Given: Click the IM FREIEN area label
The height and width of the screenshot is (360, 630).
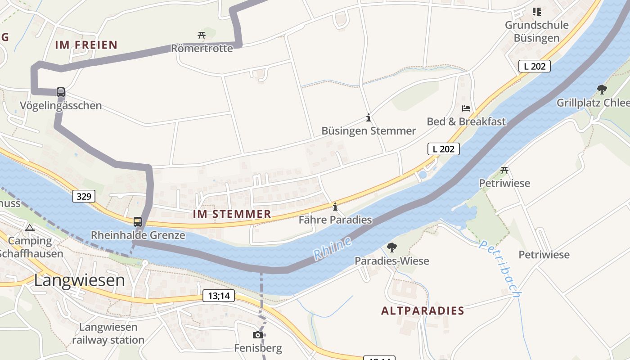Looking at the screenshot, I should click(86, 45).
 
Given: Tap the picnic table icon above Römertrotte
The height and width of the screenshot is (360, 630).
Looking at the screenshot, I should click(201, 35).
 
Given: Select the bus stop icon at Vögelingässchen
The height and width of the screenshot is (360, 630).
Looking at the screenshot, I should click(61, 92).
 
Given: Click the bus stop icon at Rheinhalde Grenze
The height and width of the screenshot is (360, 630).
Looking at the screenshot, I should click(138, 222).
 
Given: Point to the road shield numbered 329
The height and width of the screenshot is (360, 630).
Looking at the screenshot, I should click(84, 196).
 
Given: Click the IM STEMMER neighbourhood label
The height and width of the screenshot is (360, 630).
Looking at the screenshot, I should click(232, 214).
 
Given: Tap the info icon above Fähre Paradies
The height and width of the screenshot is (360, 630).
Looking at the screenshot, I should click(335, 207).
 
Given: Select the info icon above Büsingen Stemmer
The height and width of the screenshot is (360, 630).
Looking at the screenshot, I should click(369, 118).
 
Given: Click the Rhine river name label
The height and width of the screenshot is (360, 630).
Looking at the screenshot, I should click(332, 248).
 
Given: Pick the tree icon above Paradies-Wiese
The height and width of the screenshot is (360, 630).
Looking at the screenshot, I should click(391, 247).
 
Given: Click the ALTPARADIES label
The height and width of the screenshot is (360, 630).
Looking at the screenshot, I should click(423, 311).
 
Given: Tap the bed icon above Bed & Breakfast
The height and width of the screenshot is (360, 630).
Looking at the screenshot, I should click(466, 108).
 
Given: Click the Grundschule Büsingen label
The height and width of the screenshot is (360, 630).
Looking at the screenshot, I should click(536, 31).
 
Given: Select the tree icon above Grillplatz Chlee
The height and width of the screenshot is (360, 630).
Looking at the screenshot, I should click(602, 89).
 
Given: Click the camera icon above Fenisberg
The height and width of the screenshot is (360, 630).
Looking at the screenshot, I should click(258, 335).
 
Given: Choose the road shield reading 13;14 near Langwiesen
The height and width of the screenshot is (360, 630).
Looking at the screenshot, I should click(219, 296).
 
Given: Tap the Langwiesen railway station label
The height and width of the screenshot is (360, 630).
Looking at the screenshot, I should click(108, 333).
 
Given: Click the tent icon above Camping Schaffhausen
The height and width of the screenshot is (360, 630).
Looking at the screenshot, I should click(30, 228).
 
